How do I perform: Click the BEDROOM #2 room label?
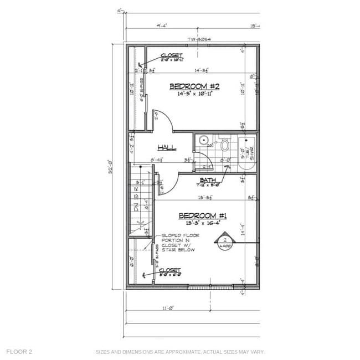[187, 86]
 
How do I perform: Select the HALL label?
[166, 147]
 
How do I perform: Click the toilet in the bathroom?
[225, 146]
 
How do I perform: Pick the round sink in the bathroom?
[203, 141]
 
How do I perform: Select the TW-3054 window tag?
[199, 40]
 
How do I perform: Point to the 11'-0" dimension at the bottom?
[168, 307]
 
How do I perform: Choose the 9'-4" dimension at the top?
[162, 25]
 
